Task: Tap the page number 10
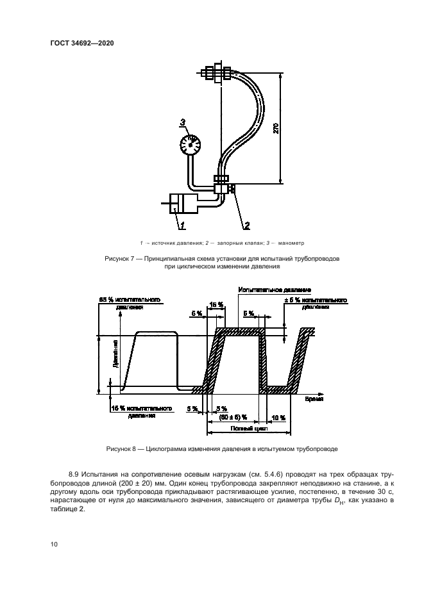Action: tap(54, 544)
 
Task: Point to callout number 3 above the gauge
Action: tap(182, 122)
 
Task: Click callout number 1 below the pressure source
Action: tap(183, 225)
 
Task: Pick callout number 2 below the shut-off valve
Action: tap(245, 225)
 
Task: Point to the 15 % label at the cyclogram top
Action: tap(216, 304)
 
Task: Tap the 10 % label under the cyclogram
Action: tap(279, 417)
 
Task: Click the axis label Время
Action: tap(313, 399)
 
